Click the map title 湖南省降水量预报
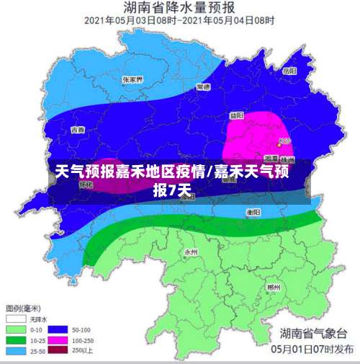[x=179, y=8]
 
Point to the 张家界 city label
[x=132, y=79]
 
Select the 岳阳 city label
[x=289, y=71]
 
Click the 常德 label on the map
[x=203, y=86]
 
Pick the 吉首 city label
[x=76, y=130]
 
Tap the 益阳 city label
[x=237, y=115]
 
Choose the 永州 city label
[x=191, y=252]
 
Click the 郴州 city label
[x=274, y=287]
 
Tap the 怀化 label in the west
[x=86, y=185]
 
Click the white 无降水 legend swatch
[x=16, y=318]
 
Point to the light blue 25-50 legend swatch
[x=16, y=352]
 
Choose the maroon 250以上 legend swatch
[x=60, y=352]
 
